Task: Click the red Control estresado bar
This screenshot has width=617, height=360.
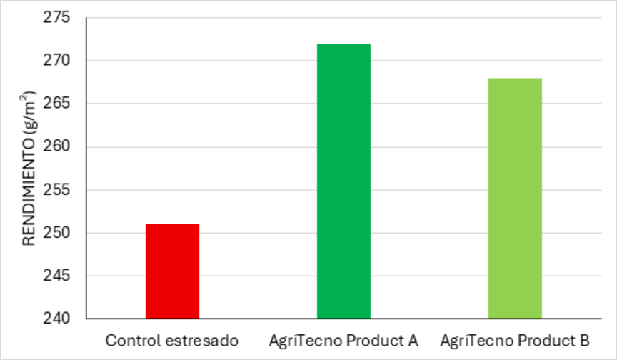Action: pyautogui.click(x=172, y=271)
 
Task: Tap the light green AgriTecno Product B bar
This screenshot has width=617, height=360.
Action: pyautogui.click(x=515, y=198)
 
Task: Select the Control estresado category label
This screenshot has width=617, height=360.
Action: pyautogui.click(x=172, y=340)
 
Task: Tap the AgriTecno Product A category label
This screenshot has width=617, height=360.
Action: pyautogui.click(x=343, y=340)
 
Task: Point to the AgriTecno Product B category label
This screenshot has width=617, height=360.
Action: pyautogui.click(x=515, y=340)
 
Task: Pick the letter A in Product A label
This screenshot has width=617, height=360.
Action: pyautogui.click(x=413, y=340)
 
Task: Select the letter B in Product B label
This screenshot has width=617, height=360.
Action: pyautogui.click(x=584, y=340)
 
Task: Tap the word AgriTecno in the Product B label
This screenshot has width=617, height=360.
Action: pyautogui.click(x=471, y=340)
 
